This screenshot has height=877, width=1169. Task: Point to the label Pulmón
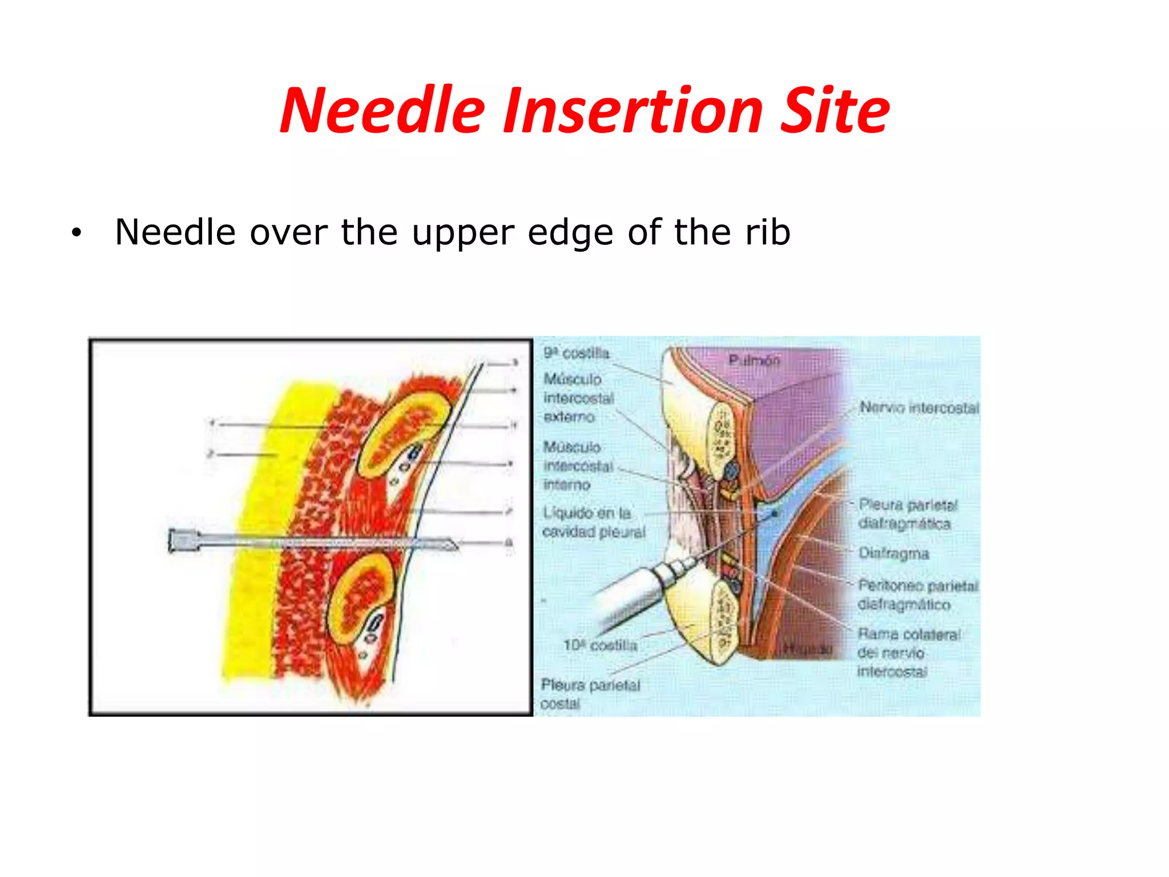coord(753,360)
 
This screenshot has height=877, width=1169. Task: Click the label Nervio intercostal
coord(919,408)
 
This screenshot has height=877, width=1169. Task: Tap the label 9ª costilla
coord(576,353)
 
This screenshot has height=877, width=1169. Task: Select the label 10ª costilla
coord(600,645)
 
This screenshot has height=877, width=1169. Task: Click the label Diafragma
coord(893,553)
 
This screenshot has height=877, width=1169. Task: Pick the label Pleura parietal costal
coord(590,694)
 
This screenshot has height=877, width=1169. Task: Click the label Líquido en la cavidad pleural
coord(593,522)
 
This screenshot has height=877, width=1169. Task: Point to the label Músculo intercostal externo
coord(578,398)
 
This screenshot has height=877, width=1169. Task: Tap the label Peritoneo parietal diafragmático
coord(917,594)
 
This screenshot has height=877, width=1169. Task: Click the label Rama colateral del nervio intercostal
coord(908,652)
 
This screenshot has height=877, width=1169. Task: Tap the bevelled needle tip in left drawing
coord(450,545)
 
